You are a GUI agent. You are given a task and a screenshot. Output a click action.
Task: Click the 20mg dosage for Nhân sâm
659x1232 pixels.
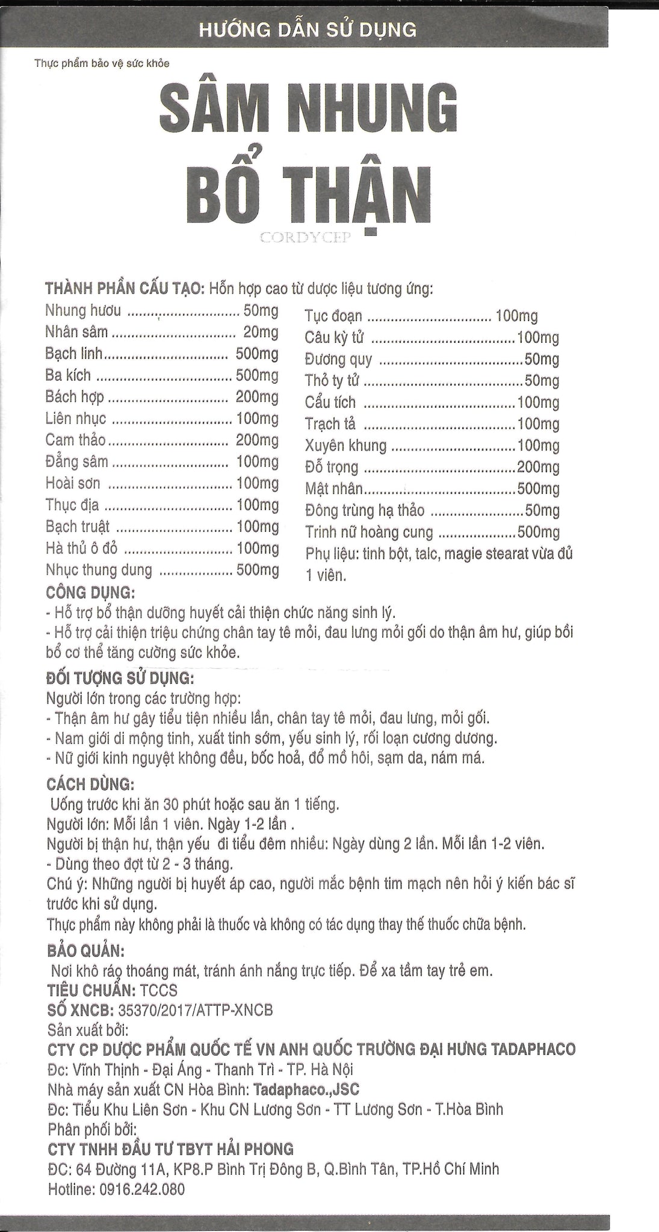tap(261, 332)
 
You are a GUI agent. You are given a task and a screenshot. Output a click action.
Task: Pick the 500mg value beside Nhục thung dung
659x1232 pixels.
tap(258, 570)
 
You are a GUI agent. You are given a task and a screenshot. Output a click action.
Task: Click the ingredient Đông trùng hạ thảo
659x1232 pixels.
tap(365, 511)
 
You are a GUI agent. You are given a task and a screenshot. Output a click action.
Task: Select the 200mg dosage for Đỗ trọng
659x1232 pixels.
tap(538, 467)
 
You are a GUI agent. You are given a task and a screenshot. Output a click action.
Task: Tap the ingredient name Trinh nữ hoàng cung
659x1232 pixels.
tap(369, 532)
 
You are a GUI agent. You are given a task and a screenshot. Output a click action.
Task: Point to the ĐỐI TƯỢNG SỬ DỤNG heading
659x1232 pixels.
tap(120, 680)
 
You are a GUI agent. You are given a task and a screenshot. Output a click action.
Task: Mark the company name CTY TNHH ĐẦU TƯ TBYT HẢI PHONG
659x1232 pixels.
tap(170, 1149)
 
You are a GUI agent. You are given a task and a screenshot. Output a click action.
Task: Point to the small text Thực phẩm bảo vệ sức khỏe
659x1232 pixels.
tap(102, 64)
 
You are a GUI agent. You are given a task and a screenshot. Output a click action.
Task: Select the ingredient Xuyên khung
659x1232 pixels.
tap(345, 446)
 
